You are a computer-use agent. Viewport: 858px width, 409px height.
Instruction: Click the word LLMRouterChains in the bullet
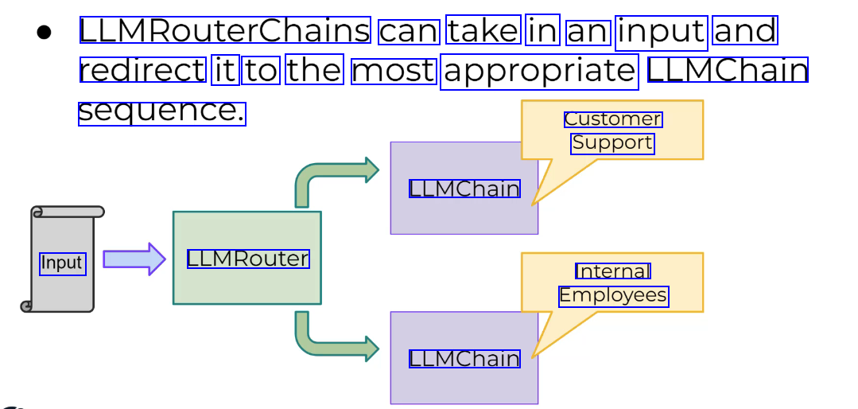225,31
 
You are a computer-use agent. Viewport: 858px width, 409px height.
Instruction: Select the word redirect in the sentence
143,70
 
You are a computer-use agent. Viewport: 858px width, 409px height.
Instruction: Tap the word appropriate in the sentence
540,71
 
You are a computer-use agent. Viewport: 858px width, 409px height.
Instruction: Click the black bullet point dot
44,33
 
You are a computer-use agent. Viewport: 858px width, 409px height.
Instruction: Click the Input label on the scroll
62,263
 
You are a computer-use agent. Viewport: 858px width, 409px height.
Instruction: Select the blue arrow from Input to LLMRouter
134,259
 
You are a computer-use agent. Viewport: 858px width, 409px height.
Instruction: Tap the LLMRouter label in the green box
248,259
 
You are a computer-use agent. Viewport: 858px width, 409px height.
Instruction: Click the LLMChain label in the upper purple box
464,189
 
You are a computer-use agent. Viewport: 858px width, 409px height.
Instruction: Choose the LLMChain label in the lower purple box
464,359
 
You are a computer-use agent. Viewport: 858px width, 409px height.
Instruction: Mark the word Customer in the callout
613,119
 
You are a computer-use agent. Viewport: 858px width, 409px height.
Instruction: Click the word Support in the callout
612,143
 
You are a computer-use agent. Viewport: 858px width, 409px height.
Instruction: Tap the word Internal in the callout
613,271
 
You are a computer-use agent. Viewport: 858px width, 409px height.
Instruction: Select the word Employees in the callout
613,296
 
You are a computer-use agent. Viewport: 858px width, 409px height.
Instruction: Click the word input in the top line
662,31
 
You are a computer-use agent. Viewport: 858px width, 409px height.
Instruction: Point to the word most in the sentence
394,71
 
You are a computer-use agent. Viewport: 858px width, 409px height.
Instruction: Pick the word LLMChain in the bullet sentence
728,70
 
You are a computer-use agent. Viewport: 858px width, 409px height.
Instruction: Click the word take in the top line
483,31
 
